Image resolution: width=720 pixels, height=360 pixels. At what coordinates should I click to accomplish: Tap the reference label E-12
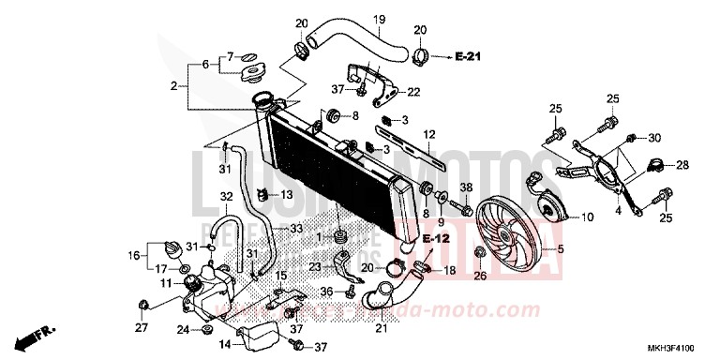pyautogui.click(x=430, y=239)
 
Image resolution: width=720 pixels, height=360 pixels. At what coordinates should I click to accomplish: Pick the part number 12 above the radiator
pyautogui.click(x=430, y=135)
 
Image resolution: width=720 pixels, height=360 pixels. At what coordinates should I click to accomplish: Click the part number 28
pyautogui.click(x=682, y=164)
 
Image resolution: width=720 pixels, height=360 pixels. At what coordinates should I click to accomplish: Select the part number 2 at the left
pyautogui.click(x=173, y=86)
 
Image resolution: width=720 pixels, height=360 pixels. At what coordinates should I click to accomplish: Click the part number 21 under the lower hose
pyautogui.click(x=382, y=327)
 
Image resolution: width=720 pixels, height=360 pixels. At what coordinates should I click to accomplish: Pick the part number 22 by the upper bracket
pyautogui.click(x=413, y=91)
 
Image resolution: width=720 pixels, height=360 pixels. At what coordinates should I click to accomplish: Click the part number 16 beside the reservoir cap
pyautogui.click(x=134, y=254)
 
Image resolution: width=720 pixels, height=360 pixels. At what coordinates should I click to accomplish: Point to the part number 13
pyautogui.click(x=287, y=194)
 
